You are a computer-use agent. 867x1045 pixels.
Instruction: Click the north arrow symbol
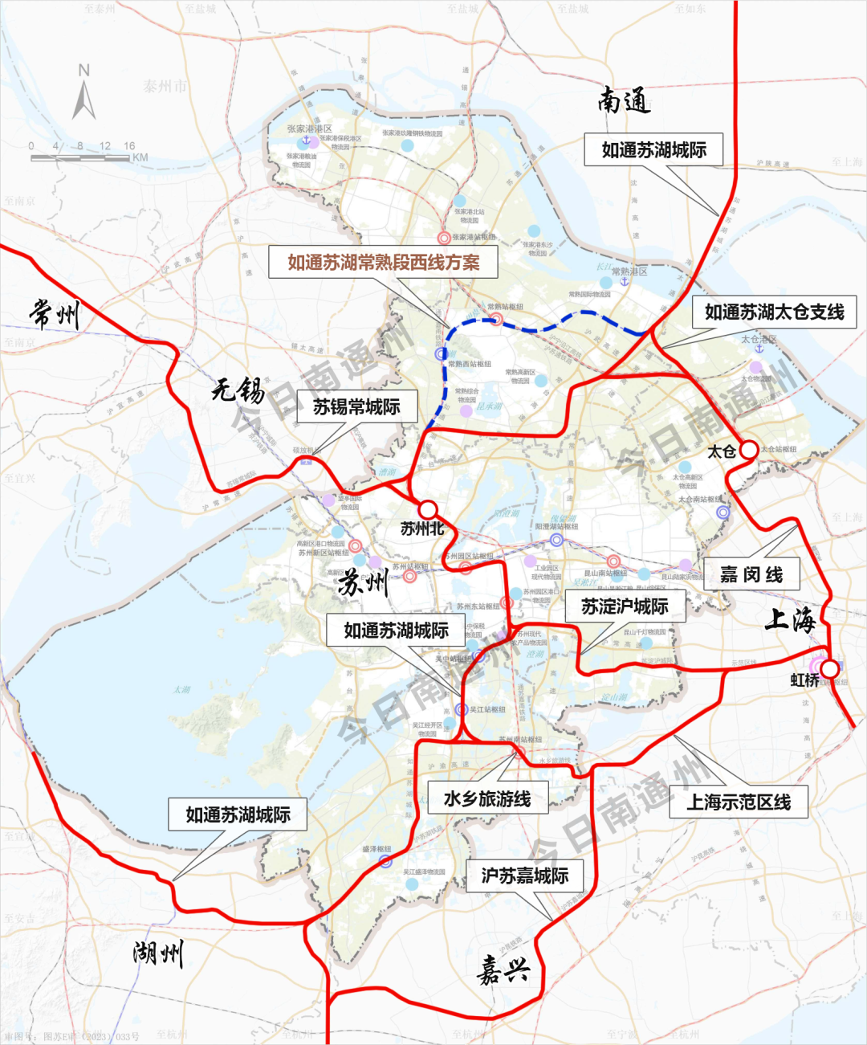point(83,94)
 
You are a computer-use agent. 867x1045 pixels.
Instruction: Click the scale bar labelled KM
point(80,157)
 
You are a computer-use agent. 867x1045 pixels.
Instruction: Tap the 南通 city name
point(623,101)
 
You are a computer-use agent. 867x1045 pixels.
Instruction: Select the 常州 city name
point(55,313)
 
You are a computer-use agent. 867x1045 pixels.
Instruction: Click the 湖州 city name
point(158,953)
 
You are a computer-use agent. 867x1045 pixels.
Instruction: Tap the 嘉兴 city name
point(503,970)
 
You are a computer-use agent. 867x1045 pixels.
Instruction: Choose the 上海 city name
point(790,619)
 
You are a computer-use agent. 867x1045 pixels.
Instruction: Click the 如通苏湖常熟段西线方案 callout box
point(384,262)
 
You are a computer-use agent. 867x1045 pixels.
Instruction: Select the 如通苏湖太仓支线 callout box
point(774,312)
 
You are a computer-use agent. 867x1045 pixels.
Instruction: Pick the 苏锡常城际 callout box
point(356,407)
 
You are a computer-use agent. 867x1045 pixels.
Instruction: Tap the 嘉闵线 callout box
point(751,574)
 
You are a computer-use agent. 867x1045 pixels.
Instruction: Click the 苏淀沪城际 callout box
point(625,606)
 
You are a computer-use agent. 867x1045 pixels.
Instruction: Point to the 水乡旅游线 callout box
point(487,798)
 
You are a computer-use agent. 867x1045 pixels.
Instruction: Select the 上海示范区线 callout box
point(739,802)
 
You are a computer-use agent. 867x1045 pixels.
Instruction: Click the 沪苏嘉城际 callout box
point(524,876)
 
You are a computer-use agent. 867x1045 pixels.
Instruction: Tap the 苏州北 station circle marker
point(428,509)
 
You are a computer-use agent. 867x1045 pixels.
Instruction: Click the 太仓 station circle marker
point(748,450)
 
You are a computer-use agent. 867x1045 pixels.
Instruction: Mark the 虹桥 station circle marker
point(829,667)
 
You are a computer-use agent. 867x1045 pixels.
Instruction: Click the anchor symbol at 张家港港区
point(305,141)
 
